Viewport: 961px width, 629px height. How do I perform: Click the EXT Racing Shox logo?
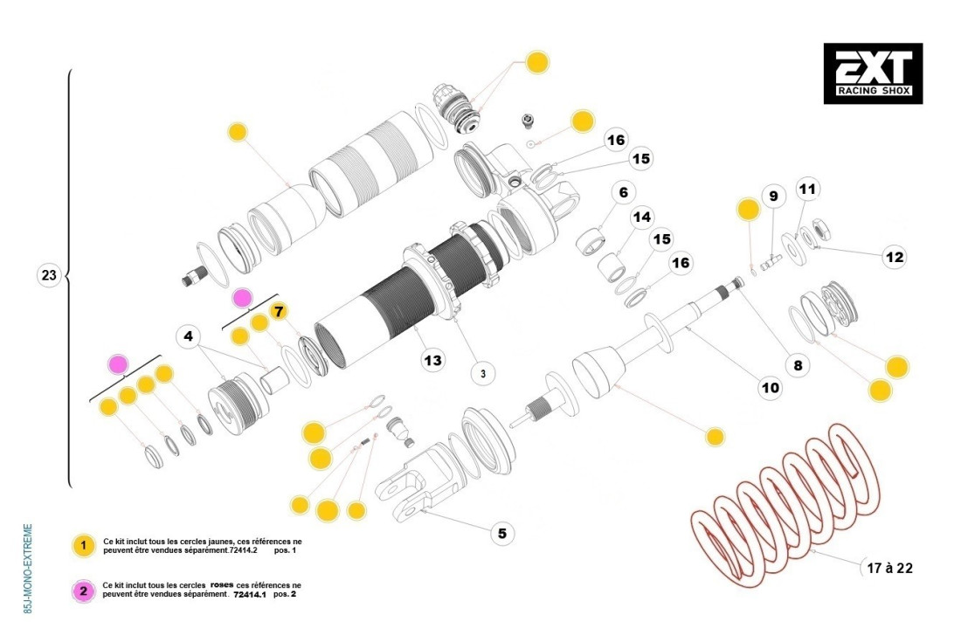[873, 73]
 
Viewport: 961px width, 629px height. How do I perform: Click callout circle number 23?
[49, 276]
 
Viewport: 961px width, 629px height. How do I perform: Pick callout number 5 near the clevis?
[501, 532]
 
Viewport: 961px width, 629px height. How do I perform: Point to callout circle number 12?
[894, 257]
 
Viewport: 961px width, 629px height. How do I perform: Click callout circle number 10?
[770, 387]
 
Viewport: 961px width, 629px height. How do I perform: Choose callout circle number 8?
[798, 365]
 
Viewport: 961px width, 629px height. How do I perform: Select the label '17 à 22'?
[888, 568]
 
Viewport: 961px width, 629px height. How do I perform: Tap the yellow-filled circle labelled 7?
[279, 311]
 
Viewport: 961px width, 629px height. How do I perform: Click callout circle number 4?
[188, 336]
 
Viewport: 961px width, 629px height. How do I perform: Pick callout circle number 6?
[624, 192]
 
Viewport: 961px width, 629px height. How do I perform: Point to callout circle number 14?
[642, 217]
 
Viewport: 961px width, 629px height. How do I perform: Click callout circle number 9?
[772, 197]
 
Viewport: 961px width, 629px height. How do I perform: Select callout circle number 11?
[807, 188]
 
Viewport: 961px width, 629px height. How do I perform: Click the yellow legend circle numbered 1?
[83, 546]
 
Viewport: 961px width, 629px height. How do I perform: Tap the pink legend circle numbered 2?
[83, 591]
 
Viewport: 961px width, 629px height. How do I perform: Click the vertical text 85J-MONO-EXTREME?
[29, 569]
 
